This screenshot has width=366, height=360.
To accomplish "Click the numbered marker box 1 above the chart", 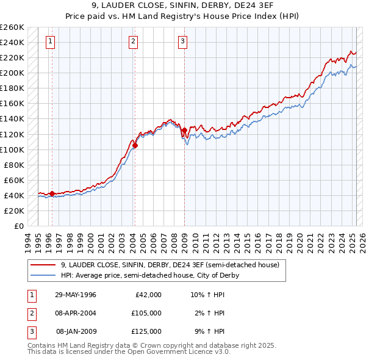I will point(49,41).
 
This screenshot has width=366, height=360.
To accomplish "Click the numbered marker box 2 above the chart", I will point(132,41).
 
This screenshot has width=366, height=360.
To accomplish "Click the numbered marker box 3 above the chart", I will point(182,41).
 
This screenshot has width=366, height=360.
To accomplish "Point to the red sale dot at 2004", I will point(135,145).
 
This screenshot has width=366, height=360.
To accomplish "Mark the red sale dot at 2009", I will point(184,130).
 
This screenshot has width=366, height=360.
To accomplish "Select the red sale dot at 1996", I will point(52,193).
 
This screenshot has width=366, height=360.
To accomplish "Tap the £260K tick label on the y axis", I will point(12,27).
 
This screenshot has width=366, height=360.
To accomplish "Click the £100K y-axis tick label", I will point(12,149).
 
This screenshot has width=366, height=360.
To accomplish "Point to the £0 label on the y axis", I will point(19,226).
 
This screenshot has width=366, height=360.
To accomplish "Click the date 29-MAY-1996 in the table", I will point(76,295).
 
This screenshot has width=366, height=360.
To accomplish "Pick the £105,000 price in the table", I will point(146,313).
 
